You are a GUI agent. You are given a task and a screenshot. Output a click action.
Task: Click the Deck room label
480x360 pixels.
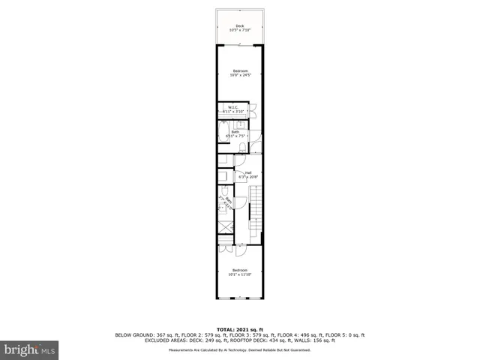[240, 25]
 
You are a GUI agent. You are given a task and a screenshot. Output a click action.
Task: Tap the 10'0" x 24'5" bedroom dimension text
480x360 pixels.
[240, 75]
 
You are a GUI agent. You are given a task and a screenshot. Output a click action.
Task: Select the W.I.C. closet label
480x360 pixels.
[234, 107]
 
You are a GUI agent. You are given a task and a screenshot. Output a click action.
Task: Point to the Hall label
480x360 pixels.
[247, 172]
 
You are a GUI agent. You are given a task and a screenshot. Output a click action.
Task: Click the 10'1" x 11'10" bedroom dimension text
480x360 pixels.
[240, 274]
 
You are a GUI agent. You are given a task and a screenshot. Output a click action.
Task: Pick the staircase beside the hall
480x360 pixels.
[255, 210]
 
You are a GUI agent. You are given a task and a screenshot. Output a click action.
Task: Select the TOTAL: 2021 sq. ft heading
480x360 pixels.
[239, 329]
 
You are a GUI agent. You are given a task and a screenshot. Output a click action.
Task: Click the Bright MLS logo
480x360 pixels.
[30, 349]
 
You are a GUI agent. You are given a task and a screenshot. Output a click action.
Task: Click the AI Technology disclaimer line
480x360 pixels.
[240, 350]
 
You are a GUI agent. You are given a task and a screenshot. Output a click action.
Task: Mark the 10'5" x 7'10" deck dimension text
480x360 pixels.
[240, 30]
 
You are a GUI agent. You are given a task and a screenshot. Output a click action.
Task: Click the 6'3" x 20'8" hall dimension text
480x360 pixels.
[248, 177]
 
